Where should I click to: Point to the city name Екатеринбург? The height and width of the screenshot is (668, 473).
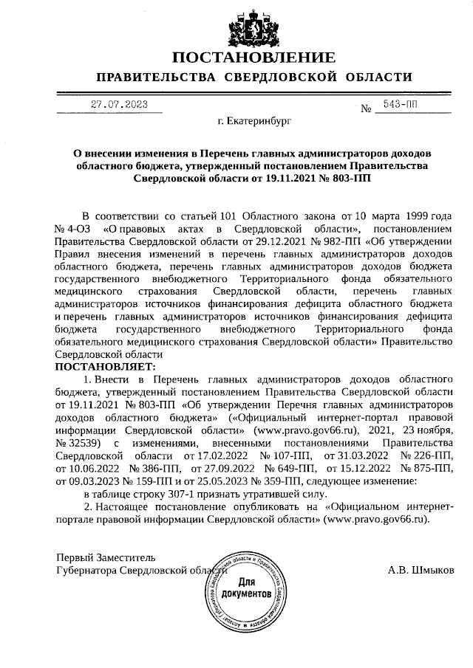tap(254, 123)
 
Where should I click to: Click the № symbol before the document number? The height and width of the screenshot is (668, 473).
tap(366, 110)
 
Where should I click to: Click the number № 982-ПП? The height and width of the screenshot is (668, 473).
tap(325, 241)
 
